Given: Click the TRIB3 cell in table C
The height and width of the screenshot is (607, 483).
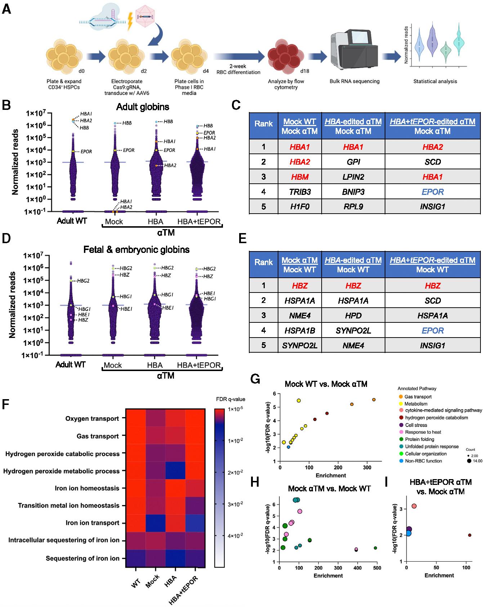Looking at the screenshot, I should point(300,192).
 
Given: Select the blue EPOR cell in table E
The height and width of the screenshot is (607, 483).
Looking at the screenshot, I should point(433,331).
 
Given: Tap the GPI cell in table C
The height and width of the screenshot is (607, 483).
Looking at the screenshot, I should point(353,162).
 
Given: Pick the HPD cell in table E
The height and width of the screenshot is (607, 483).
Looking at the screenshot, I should point(353,316).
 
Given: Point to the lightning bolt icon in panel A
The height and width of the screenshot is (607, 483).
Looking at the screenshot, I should point(130,22).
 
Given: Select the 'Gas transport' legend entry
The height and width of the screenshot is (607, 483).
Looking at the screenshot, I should point(417,397).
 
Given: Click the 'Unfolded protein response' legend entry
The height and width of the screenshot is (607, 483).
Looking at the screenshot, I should point(431,446).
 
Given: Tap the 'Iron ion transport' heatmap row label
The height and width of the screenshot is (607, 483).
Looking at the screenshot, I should point(92,523).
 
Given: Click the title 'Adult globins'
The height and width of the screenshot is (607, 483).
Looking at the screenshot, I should point(143,107).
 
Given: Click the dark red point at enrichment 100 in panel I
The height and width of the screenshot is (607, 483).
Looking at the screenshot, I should point(470,535).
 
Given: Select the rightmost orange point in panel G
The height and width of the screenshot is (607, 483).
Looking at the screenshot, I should point(374,400).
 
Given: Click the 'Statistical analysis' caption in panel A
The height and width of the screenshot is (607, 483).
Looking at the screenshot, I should point(435,81).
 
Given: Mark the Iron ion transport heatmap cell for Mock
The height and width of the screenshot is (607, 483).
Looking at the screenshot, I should point(156,523).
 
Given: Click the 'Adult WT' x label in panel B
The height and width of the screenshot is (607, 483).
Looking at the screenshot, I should point(72,221).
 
